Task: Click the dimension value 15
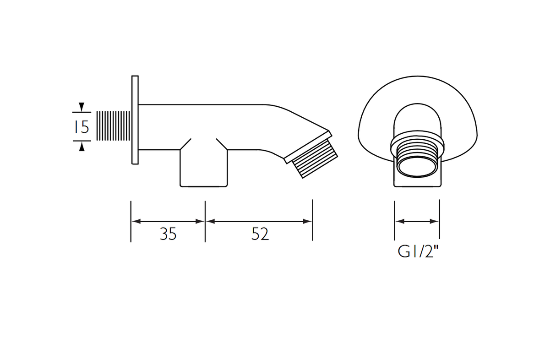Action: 82,126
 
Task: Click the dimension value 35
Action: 168,234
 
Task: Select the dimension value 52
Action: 260,234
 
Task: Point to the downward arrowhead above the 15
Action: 82,107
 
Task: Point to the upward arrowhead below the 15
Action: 82,147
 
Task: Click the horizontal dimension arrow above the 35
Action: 168,221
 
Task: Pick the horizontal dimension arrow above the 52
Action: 259,221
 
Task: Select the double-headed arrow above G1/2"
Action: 417,221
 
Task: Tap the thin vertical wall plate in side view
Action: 135,120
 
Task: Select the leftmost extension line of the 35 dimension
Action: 131,221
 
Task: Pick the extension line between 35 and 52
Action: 205,221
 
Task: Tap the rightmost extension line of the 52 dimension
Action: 312,220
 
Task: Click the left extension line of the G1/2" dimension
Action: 395,220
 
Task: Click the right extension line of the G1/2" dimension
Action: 439,220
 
